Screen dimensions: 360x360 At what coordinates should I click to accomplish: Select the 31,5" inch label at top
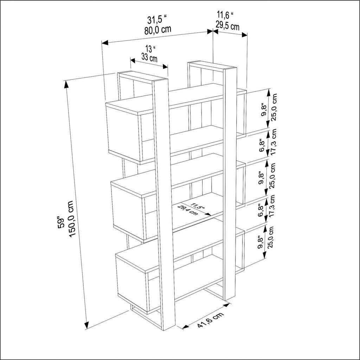(x=157, y=19)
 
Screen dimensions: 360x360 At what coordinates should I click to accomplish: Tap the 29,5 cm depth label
(x=227, y=26)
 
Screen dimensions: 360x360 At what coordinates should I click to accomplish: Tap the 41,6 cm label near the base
(x=210, y=320)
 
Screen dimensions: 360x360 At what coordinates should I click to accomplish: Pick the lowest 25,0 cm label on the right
(x=270, y=237)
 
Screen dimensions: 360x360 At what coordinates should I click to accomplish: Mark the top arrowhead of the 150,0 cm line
(x=66, y=84)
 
